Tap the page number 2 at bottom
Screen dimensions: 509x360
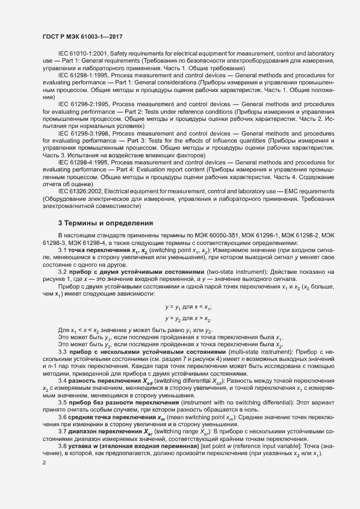tap(44, 447)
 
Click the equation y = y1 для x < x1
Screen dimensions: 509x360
tap(188, 307)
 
